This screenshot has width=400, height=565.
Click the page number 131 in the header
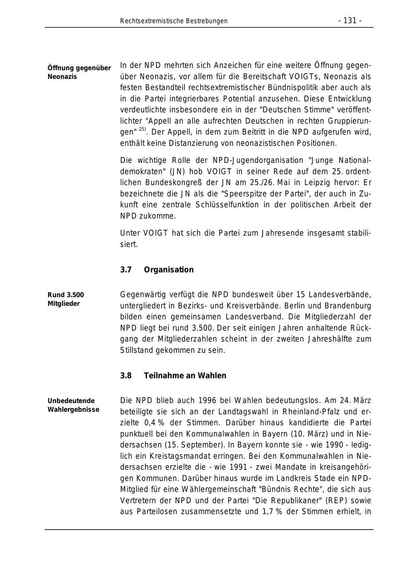[x=350, y=21]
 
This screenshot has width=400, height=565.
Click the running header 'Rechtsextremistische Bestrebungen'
[x=174, y=21]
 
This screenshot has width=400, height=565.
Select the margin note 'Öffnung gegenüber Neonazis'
[x=79, y=72]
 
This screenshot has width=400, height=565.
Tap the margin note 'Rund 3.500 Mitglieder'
[x=65, y=299]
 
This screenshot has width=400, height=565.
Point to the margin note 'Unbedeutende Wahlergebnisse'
[x=73, y=405]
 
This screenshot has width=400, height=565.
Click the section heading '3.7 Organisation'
[x=157, y=270]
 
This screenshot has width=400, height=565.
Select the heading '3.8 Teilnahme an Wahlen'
[x=173, y=375]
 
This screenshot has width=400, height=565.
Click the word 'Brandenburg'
[x=349, y=306]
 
